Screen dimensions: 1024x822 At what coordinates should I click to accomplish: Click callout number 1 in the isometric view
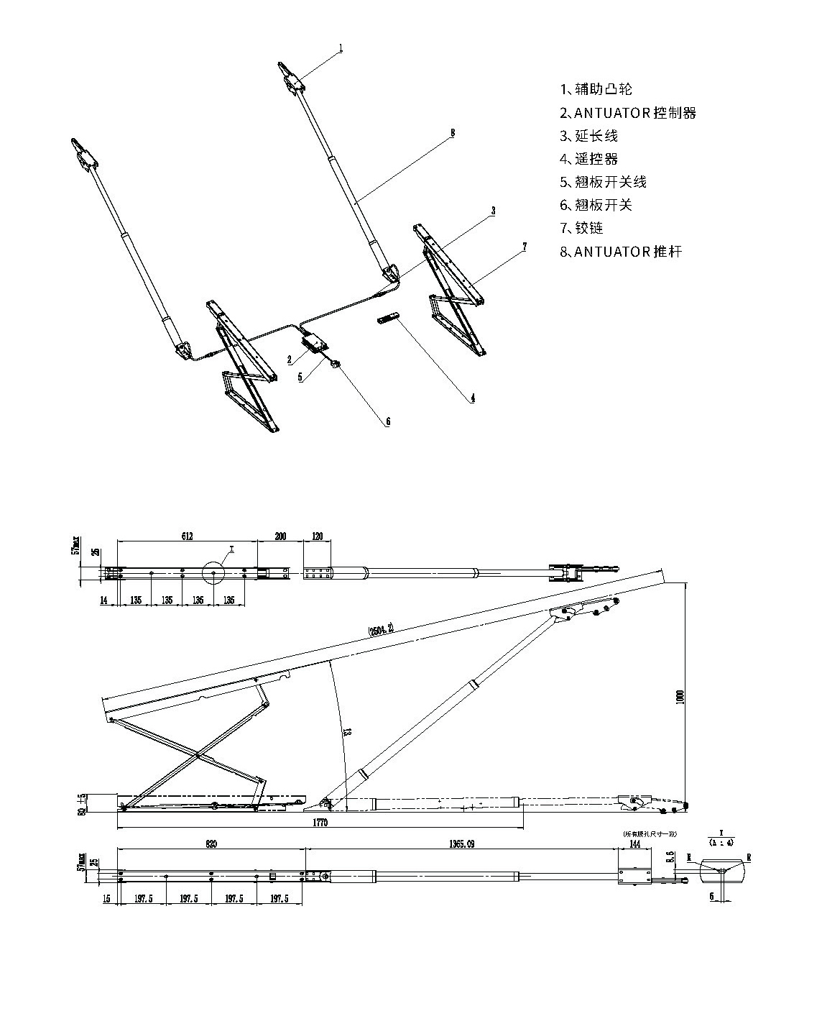(x=341, y=48)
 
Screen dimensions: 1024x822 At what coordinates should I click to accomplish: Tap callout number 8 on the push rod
(x=452, y=133)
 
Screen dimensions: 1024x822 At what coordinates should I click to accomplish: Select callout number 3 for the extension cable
(x=493, y=211)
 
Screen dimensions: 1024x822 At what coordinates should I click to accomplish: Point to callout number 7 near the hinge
(x=525, y=247)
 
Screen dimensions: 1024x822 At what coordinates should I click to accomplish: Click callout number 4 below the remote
(x=472, y=397)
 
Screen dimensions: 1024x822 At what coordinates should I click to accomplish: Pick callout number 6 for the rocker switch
(x=387, y=422)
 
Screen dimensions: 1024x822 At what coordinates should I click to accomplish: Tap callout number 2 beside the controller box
(x=289, y=359)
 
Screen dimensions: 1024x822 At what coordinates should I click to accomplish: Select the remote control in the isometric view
(x=388, y=319)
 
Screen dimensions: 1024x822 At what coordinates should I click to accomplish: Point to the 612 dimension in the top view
(x=187, y=536)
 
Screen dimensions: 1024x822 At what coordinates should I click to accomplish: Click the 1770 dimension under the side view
(x=320, y=823)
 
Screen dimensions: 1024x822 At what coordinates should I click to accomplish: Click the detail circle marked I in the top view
(x=218, y=573)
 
